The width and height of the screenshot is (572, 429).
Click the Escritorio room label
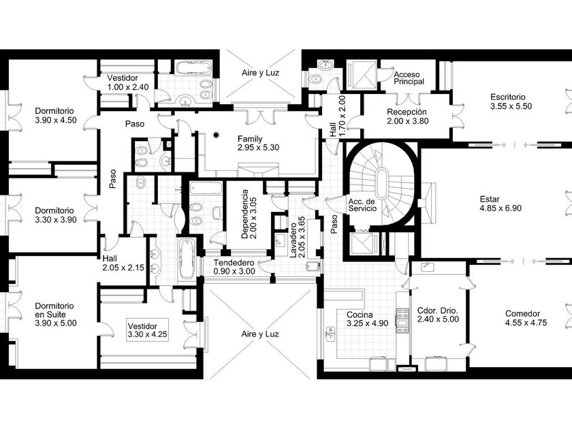click(x=511, y=101)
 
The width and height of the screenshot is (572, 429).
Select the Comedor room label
click(x=526, y=318)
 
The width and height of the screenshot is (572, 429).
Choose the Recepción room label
click(x=407, y=116)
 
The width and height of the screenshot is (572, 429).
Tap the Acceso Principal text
click(x=409, y=78)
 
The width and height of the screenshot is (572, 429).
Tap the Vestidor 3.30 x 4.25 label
click(x=147, y=330)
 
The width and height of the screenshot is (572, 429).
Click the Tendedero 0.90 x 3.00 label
click(x=234, y=267)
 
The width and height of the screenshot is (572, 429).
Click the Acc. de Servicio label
click(x=362, y=205)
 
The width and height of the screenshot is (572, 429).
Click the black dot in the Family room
click(x=216, y=135)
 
